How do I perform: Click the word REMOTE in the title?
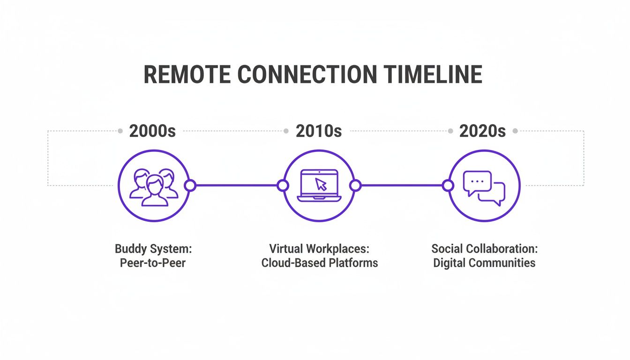point(187,75)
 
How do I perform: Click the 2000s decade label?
point(152,131)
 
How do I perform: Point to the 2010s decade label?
point(319,131)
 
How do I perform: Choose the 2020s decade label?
point(482,131)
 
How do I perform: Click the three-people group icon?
point(153,187)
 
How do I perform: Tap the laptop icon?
point(319,186)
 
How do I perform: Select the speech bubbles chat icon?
point(484,187)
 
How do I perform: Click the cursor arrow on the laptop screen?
point(321,183)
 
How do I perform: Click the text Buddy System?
point(153,248)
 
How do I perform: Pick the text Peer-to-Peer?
point(153,262)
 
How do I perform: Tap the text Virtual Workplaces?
point(319,248)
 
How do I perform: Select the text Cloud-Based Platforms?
point(319,262)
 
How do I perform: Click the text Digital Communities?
point(484,262)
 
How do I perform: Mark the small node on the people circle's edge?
point(190,186)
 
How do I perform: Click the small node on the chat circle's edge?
point(448,186)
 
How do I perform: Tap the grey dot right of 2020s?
point(515,131)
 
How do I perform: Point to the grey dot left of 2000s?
point(120,131)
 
